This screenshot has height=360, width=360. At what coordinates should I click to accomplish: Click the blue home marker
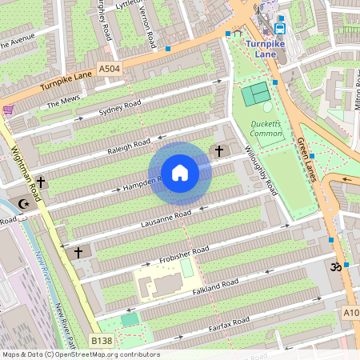tap(180, 173)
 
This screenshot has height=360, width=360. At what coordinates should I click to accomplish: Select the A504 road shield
tap(110, 70)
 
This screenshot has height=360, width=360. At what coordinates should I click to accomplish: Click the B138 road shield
tap(101, 341)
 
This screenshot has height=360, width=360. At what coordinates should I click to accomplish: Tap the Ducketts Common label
tap(266, 128)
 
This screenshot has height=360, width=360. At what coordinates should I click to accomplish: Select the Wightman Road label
tap(26, 173)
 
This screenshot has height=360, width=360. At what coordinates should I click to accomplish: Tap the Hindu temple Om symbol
tap(336, 267)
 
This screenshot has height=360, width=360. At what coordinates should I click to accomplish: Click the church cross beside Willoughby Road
tap(219, 150)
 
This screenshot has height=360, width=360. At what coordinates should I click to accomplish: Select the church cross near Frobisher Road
tap(78, 253)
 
